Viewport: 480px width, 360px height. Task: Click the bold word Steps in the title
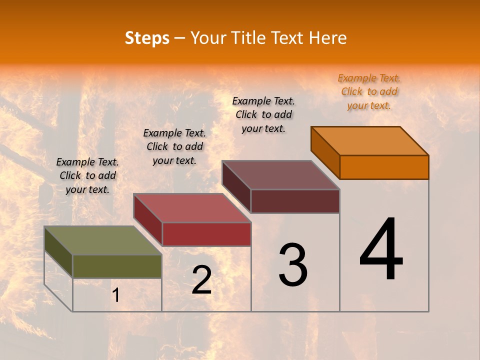(x=147, y=38)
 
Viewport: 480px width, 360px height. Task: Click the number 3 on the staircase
(x=293, y=265)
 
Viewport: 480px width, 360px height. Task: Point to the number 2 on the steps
(x=201, y=280)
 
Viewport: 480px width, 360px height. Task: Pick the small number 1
(x=116, y=295)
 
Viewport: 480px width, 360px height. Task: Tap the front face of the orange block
(x=384, y=167)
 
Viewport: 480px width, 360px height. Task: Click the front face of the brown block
(x=295, y=201)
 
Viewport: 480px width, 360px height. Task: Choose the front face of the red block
(x=206, y=234)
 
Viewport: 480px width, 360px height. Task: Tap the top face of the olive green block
(x=103, y=240)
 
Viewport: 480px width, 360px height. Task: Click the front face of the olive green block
(x=117, y=266)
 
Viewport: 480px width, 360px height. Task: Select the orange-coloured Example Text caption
(x=369, y=91)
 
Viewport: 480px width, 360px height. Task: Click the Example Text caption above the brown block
(x=263, y=114)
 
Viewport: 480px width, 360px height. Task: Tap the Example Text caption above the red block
(x=174, y=146)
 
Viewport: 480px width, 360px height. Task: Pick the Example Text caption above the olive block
(x=87, y=175)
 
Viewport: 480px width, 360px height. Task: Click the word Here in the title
(x=327, y=38)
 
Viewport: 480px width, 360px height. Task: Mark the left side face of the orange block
(x=325, y=152)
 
